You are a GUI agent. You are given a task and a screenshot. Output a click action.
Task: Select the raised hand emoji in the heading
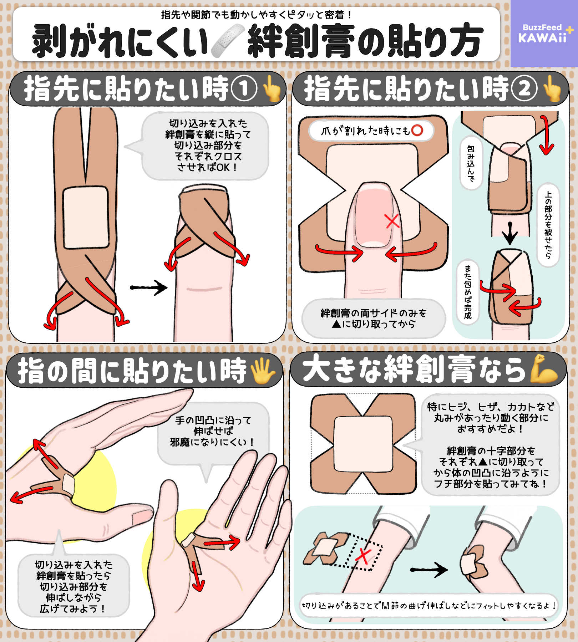[x=263, y=371]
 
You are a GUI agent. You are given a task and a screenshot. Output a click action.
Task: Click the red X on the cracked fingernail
[x=392, y=221]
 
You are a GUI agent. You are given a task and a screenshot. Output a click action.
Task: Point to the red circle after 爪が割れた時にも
[x=417, y=130]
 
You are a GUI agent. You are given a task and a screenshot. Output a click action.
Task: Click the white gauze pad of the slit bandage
[x=86, y=218]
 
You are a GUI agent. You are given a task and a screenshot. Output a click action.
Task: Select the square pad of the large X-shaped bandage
[x=363, y=444]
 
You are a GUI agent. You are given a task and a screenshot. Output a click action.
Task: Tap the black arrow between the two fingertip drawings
[x=148, y=287]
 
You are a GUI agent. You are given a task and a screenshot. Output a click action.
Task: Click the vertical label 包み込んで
[x=471, y=163]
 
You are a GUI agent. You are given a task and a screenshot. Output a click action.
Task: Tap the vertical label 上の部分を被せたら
[x=548, y=225]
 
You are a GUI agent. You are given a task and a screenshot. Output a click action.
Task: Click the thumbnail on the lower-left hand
[x=142, y=517]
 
